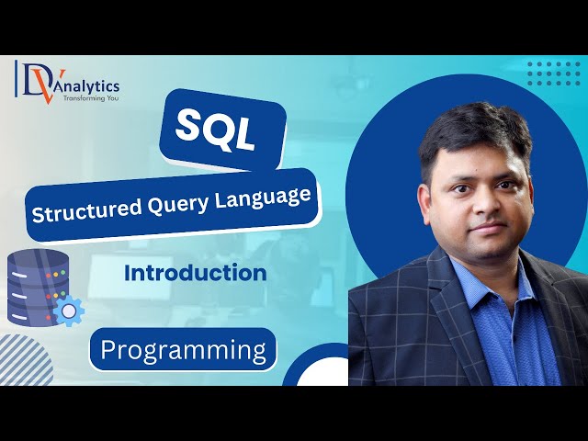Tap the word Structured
77,212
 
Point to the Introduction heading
196,273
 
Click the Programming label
183,350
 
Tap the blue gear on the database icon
67,311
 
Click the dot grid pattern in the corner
554,73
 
